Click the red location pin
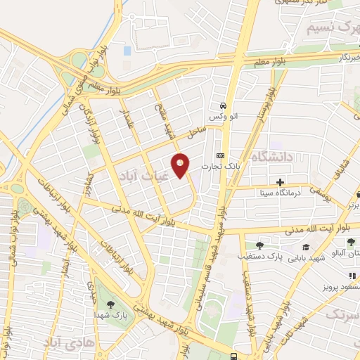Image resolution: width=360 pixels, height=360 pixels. [181, 165]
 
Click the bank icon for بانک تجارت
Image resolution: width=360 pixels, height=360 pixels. [220, 155]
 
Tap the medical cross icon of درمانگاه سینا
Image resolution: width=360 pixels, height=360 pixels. [280, 181]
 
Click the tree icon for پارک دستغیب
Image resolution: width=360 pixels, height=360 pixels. [259, 245]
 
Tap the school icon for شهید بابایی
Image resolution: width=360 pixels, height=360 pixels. [306, 246]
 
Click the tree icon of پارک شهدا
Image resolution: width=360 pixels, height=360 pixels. [110, 304]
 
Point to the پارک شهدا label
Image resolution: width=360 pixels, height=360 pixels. [113, 316]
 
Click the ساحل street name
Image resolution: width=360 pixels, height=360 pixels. [195, 131]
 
